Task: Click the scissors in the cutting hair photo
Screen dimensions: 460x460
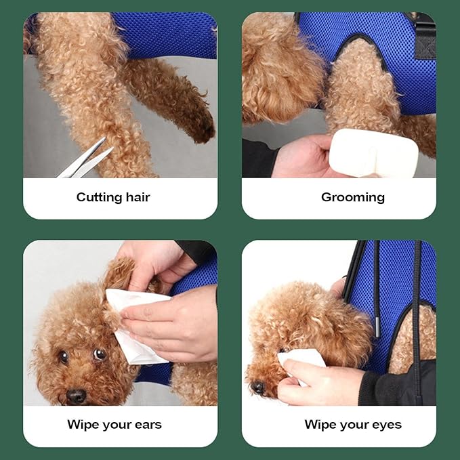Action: point(85,161)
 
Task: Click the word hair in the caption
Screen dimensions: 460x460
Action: point(138,197)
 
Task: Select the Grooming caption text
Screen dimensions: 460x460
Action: point(353,197)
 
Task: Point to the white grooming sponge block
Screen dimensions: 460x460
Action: point(373,153)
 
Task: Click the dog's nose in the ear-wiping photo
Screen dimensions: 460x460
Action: point(76,396)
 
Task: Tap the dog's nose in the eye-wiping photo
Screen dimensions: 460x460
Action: point(258,387)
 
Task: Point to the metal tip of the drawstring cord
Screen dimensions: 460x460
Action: point(377,327)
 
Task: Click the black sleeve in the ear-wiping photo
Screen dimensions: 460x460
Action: point(196,252)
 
